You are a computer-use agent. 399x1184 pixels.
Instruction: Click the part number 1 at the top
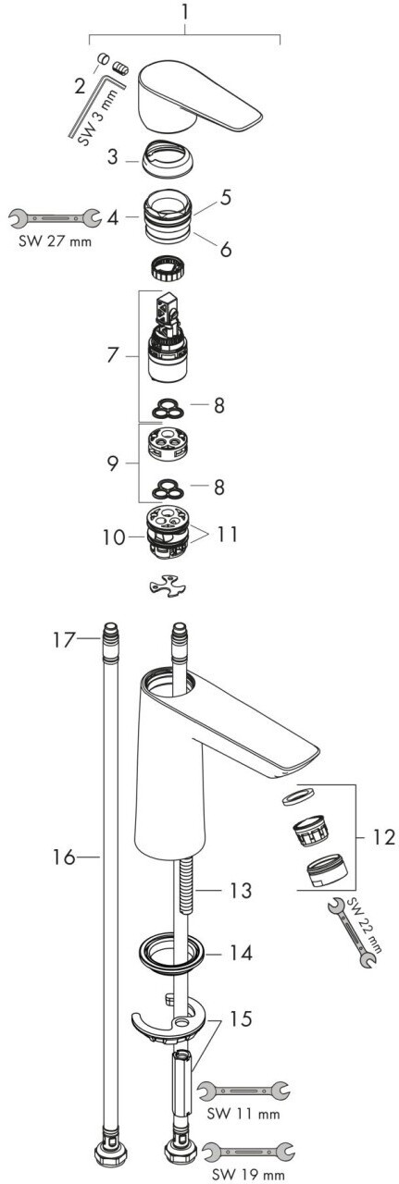tap(184, 13)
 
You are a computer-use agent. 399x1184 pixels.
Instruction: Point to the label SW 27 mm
tap(55, 242)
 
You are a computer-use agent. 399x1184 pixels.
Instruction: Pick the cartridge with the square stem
tap(168, 338)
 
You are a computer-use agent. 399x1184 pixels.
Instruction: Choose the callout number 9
tap(112, 463)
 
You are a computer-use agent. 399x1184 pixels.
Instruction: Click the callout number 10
tap(114, 537)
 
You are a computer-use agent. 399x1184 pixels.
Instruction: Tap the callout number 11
tap(226, 534)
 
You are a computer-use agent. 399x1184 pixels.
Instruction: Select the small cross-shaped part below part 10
tap(168, 586)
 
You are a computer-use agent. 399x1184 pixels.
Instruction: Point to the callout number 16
tap(64, 857)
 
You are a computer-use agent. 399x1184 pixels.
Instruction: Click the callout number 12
tap(383, 837)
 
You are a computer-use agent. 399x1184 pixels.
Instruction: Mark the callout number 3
tap(112, 157)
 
